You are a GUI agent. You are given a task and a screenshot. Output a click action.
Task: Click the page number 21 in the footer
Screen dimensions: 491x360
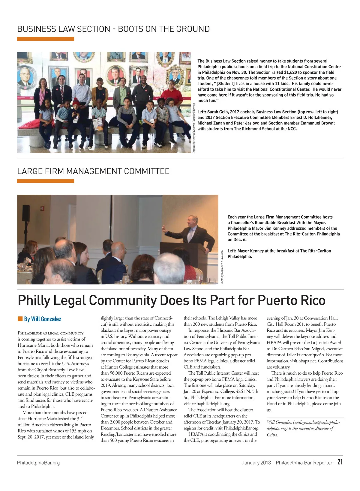340,462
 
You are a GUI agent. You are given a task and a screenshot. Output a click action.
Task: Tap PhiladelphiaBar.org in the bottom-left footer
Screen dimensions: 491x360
38,463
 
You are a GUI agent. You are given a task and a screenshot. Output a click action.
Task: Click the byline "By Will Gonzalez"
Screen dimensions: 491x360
43,319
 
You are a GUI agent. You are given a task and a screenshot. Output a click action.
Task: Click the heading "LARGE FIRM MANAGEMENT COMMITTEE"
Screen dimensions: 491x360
93,171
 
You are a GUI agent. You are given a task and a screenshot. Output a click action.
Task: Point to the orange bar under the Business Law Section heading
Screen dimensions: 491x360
45,39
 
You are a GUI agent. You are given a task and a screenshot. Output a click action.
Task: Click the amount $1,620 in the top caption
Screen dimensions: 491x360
290,72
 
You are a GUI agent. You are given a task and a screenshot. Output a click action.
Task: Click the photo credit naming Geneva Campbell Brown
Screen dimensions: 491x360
194,128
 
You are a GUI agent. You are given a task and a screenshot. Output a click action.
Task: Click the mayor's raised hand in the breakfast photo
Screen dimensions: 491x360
164,229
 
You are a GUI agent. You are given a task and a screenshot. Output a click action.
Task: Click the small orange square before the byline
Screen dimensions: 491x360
20,319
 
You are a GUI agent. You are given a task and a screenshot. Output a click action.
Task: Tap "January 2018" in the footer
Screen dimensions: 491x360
256,463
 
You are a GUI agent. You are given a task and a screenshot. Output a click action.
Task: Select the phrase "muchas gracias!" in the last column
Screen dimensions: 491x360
280,392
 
